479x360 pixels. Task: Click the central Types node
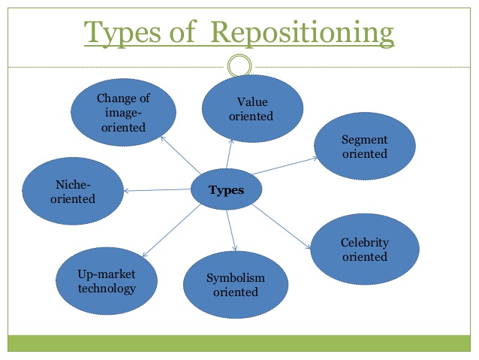(x=226, y=190)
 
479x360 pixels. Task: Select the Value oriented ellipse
(x=253, y=109)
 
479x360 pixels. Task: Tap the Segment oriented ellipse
(x=364, y=147)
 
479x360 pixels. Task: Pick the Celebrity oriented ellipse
(x=364, y=250)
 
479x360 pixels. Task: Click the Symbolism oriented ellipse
(x=235, y=285)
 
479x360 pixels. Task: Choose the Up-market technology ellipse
(x=107, y=280)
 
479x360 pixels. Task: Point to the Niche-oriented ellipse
(x=73, y=192)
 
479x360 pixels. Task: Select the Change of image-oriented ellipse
(x=124, y=113)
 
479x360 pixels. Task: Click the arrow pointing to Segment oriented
(x=284, y=165)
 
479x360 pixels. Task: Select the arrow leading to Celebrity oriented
(x=280, y=225)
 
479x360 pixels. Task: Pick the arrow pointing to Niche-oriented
(x=158, y=190)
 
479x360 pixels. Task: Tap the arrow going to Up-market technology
(x=171, y=231)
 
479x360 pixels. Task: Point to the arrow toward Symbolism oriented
(x=232, y=229)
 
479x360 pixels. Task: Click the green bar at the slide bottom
(x=239, y=343)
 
